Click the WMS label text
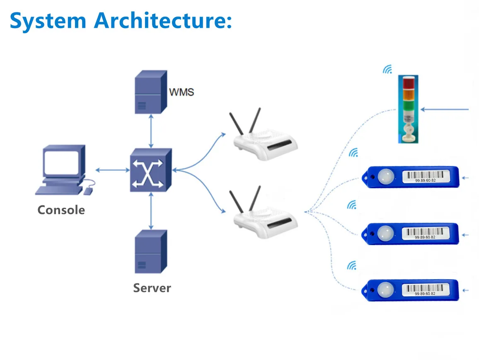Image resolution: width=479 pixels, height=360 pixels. coord(181,92)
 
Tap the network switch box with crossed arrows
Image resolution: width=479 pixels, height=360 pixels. coord(150,169)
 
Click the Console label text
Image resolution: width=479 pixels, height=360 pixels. coord(61,210)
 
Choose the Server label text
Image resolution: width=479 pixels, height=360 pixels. coord(152,288)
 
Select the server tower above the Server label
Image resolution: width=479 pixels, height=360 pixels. coord(151,251)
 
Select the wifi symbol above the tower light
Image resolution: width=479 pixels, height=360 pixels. coord(387,69)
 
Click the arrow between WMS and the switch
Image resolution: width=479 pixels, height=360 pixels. coord(151,131)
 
